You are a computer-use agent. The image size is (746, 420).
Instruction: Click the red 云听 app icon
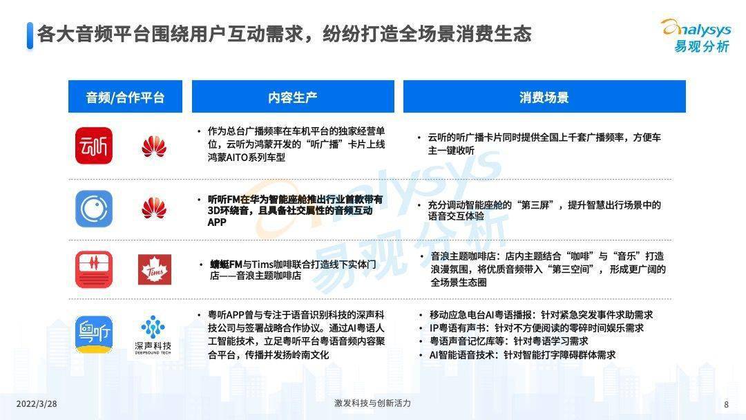pos(94,146)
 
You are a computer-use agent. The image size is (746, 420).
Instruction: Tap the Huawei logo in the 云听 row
pos(154,146)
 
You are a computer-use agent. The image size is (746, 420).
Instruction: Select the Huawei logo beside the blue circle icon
pos(154,208)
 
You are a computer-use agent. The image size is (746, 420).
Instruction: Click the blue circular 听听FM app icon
pos(94,209)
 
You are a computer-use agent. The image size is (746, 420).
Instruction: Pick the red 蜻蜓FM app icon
pos(94,269)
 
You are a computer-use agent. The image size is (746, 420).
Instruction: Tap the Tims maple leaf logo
pos(155,269)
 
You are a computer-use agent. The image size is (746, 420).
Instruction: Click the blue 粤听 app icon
pos(94,334)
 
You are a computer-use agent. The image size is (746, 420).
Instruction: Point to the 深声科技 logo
pos(153,335)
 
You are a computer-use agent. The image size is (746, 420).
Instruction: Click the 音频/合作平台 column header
pos(125,97)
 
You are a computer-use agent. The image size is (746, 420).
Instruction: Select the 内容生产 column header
pos(293,97)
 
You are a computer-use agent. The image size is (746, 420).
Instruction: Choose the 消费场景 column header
pos(544,97)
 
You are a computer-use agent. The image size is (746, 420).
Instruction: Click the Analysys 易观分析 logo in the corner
pos(696,36)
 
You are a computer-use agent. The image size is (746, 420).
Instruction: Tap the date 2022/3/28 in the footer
pos(37,404)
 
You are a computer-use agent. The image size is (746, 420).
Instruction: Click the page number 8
pos(726,404)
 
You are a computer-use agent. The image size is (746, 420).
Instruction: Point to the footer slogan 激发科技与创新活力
pos(372,403)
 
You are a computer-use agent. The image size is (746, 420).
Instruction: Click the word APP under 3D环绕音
pos(217,222)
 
